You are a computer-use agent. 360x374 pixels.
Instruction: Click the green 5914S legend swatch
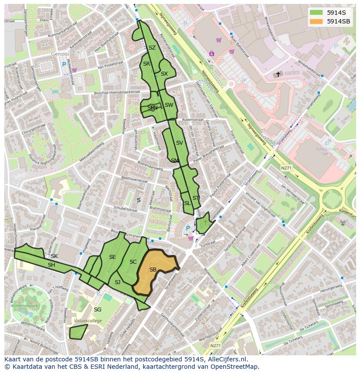tap(316, 13)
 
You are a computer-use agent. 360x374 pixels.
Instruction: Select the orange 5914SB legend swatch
tap(316, 21)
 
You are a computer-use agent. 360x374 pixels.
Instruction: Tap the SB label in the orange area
tap(153, 270)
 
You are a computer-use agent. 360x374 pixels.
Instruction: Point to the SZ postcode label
tap(152, 48)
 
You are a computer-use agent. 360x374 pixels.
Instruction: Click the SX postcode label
tap(164, 74)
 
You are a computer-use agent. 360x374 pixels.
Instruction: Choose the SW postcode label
tap(169, 105)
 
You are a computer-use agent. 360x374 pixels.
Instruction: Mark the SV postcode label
tap(180, 142)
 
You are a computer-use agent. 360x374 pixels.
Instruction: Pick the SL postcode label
tap(187, 203)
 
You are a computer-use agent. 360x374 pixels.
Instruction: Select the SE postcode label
tap(112, 257)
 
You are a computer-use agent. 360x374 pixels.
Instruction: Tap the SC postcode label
tap(133, 261)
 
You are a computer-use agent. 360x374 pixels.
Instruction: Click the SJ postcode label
tap(117, 282)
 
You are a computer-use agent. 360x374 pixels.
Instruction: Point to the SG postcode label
tap(98, 309)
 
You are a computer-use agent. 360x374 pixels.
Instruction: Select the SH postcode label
tap(51, 265)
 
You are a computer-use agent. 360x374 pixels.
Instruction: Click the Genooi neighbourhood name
tap(60, 54)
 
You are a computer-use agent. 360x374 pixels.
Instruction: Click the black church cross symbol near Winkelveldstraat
tap(278, 74)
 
